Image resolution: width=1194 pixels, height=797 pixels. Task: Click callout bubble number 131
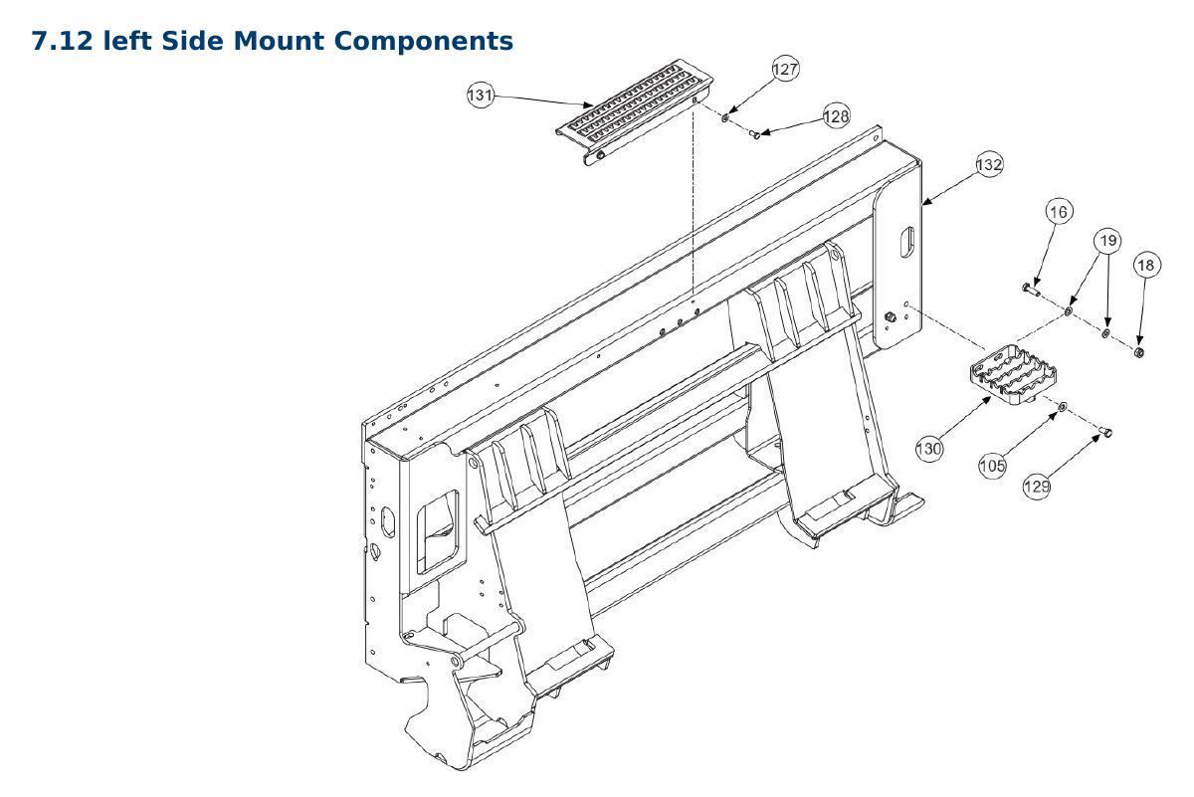(x=481, y=96)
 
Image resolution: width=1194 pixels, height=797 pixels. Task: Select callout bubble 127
(x=785, y=69)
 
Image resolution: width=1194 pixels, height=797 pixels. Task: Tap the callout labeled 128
(x=837, y=115)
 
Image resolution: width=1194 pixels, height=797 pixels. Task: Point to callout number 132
(x=989, y=164)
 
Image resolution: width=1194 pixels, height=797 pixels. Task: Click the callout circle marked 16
(x=1059, y=212)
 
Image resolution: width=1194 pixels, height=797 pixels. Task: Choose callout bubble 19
(x=1108, y=241)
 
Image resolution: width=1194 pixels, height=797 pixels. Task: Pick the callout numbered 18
(x=1146, y=265)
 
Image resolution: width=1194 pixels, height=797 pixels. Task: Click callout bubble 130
(x=929, y=449)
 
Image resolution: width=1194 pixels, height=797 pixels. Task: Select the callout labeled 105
(x=992, y=466)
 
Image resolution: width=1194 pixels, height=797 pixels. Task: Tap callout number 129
(x=1037, y=487)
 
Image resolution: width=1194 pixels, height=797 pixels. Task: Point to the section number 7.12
(x=63, y=41)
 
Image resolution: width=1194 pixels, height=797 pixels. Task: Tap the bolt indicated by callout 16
(x=1031, y=290)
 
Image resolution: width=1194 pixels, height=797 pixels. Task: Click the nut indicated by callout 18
(x=1138, y=352)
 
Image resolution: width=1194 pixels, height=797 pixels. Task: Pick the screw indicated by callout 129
(x=1105, y=431)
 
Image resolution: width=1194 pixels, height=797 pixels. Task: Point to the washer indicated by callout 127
(x=725, y=116)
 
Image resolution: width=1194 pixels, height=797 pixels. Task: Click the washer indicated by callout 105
(x=1062, y=407)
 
